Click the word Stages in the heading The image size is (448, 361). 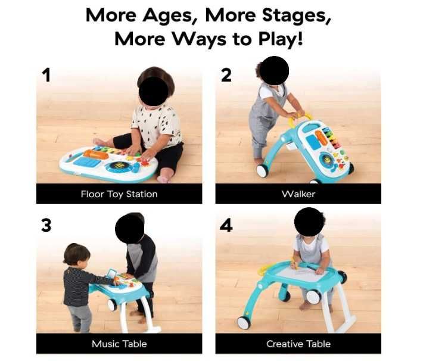[x=297, y=15]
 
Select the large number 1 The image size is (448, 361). [x=46, y=75]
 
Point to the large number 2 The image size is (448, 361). [x=226, y=76]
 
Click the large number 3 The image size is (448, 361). [x=46, y=225]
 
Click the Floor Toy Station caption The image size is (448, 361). [x=119, y=194]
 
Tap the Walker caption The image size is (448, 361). [x=298, y=194]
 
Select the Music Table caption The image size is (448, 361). [x=119, y=344]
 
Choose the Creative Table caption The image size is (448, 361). [x=298, y=344]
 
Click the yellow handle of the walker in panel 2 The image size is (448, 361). [x=300, y=118]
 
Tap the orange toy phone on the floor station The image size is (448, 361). [x=96, y=154]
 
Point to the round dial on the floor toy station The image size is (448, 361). [x=120, y=166]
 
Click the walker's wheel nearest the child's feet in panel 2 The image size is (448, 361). [x=262, y=171]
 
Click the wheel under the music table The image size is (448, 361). [x=112, y=305]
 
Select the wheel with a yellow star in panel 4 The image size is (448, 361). [x=244, y=323]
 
